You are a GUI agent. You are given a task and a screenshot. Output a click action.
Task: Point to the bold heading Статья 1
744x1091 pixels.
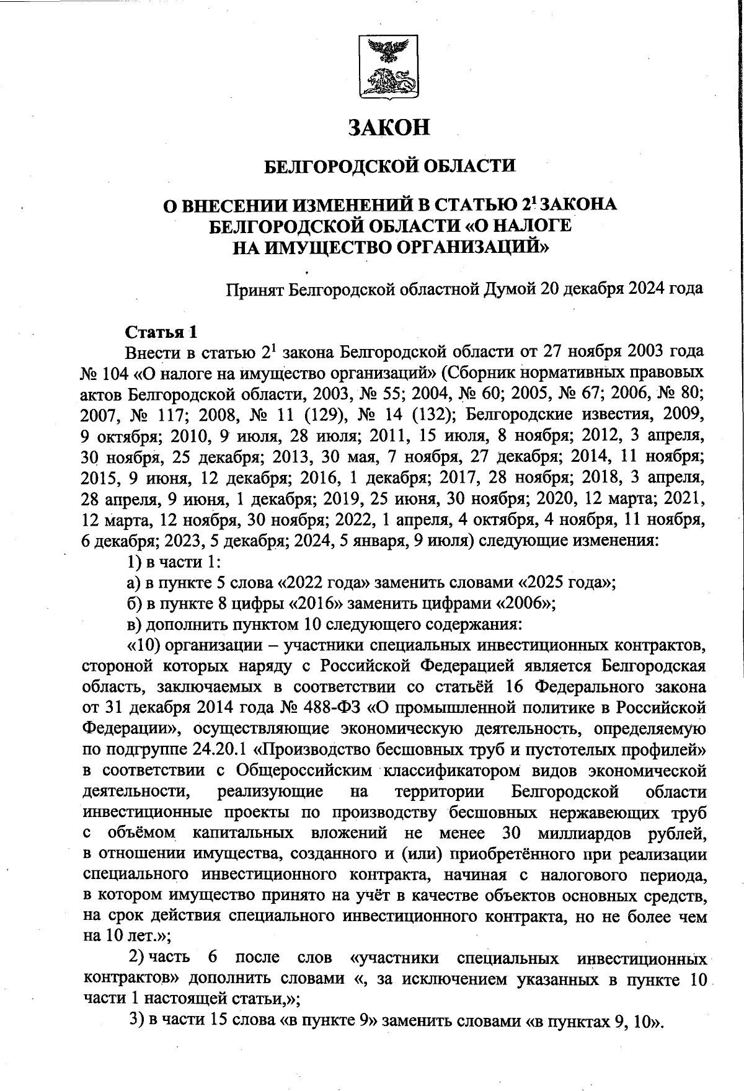pos(161,332)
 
